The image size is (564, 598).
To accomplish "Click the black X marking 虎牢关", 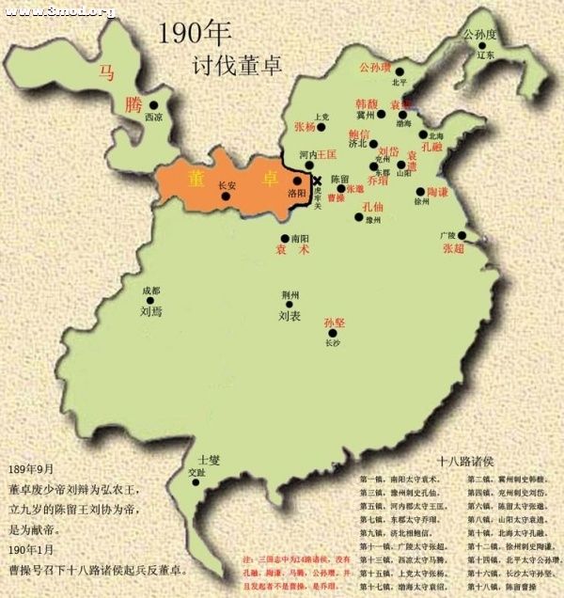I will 317,181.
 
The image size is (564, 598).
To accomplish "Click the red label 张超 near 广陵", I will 453,247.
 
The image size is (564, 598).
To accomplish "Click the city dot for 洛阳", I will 298,181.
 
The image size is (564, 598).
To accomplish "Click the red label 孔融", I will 434,147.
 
